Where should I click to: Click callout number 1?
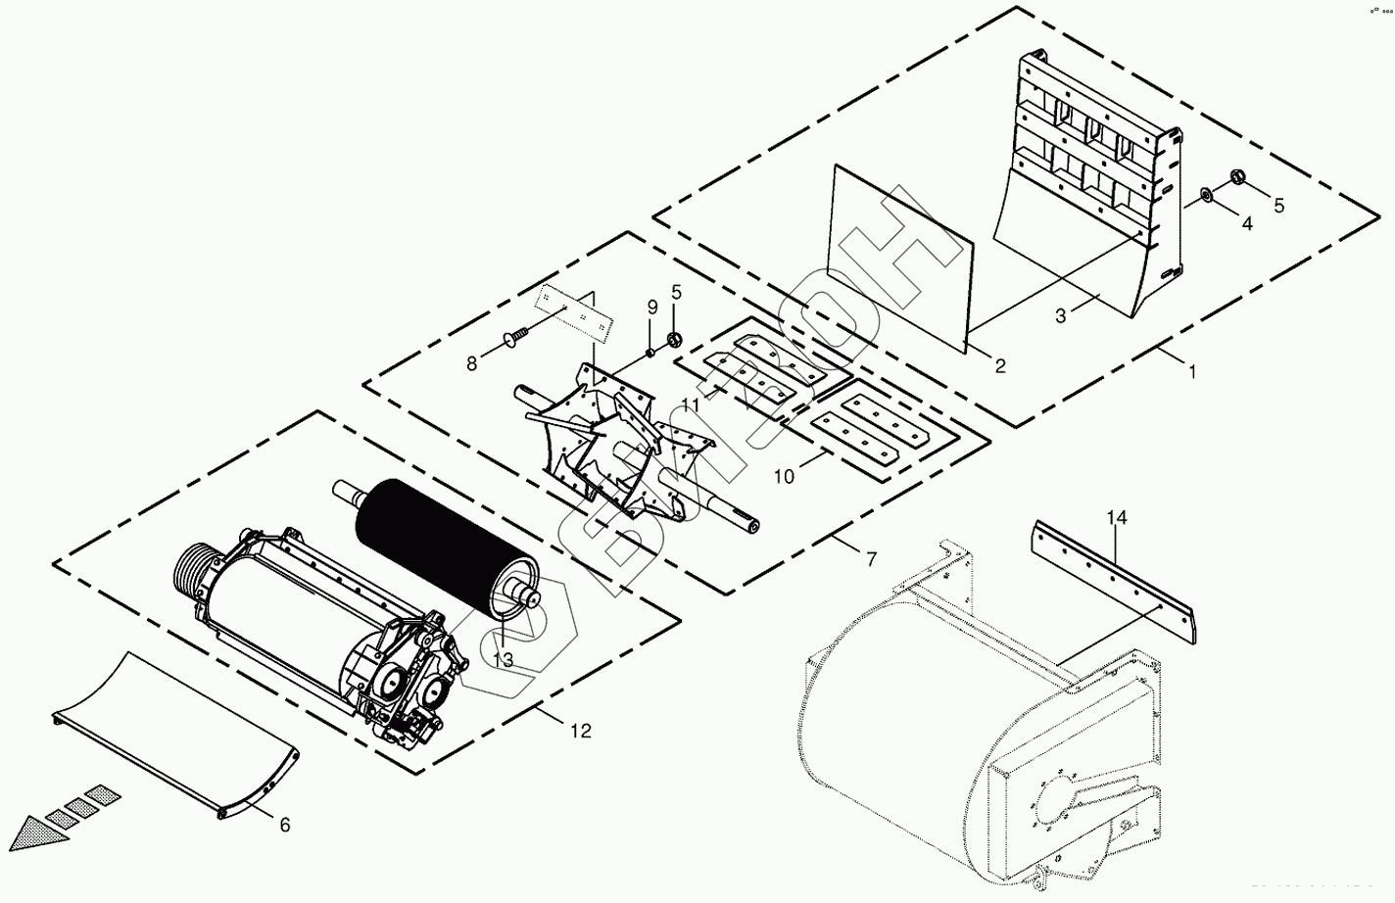(1192, 371)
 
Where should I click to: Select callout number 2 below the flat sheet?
(999, 366)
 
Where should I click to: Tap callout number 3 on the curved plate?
(1060, 315)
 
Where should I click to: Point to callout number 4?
(1246, 223)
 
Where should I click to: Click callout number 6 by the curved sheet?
(285, 825)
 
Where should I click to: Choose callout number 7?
(871, 559)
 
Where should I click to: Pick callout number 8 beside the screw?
(472, 363)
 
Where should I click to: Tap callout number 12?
(581, 731)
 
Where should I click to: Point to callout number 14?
(1118, 517)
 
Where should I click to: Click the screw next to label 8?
(515, 336)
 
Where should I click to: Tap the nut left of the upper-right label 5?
(1236, 177)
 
